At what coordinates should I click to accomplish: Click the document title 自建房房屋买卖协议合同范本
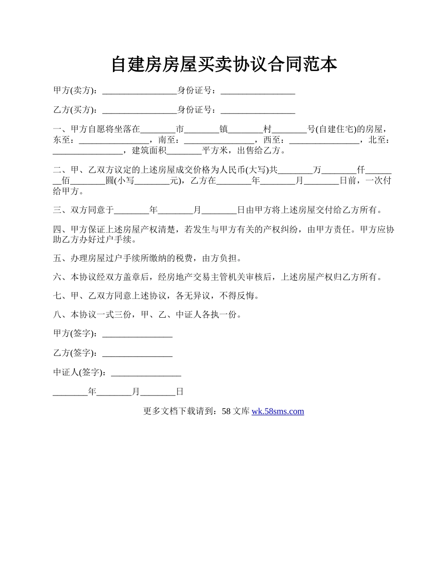pos(224,64)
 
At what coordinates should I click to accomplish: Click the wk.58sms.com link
pos(278,411)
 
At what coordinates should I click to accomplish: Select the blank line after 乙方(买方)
pos(139,111)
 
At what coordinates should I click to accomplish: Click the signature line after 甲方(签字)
pos(137,335)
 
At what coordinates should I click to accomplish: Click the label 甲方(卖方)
pos(75,90)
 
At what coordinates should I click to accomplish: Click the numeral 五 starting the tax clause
pos(57,258)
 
